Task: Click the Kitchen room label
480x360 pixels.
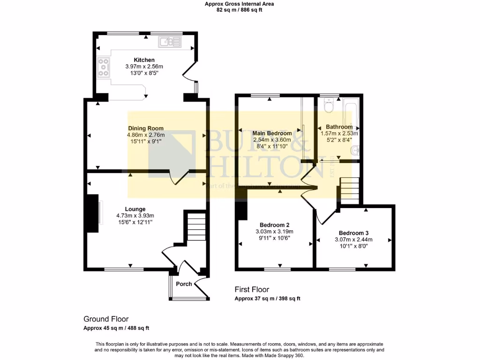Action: [144, 60]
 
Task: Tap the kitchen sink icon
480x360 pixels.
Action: [169, 42]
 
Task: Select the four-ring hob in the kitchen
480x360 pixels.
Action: [104, 67]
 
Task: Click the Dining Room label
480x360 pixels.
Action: [146, 128]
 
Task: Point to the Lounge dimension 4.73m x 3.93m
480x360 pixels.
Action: [135, 216]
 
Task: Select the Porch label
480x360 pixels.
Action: [184, 284]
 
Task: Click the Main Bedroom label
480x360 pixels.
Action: [272, 134]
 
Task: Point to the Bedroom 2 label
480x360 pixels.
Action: [274, 224]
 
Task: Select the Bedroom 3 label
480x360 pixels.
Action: [354, 233]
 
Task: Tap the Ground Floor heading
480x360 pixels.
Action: [106, 319]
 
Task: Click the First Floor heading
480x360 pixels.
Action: [252, 290]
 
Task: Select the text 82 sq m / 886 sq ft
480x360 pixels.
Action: [240, 9]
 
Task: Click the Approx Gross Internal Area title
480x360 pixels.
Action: [240, 4]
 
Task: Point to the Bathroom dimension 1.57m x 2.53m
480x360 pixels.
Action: [339, 133]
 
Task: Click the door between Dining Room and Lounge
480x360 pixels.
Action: [180, 177]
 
